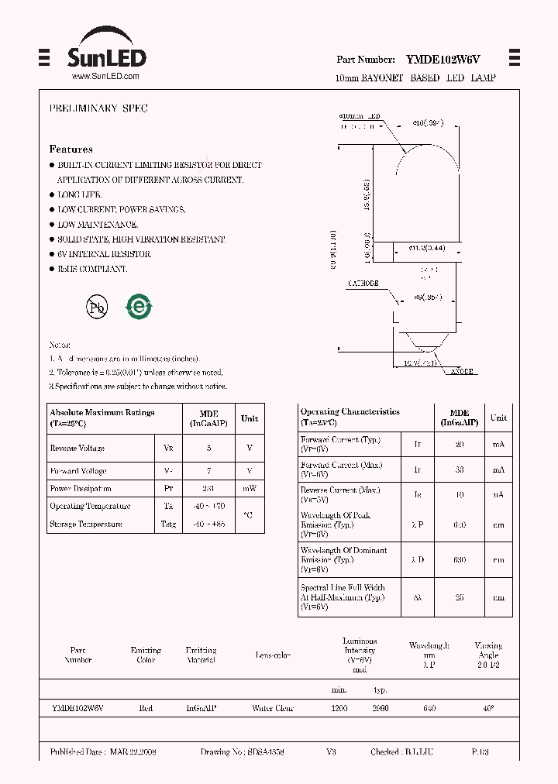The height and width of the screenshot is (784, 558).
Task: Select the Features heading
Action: [71, 149]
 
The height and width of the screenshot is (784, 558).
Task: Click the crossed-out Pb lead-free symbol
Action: [97, 307]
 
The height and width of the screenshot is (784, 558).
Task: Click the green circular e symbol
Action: [139, 307]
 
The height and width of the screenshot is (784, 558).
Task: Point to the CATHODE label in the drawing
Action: [363, 284]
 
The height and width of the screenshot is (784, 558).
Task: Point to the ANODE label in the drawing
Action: [462, 372]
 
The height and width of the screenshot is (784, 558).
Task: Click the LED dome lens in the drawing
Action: [429, 155]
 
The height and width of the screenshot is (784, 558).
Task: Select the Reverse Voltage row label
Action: [77, 449]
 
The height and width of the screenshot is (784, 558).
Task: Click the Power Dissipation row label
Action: [80, 489]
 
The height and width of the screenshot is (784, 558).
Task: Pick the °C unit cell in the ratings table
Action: [248, 515]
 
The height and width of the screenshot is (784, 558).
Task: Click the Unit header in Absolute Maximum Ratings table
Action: [250, 418]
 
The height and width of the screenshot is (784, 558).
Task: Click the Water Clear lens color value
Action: [273, 709]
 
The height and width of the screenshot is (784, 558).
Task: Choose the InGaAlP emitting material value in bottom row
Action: [201, 709]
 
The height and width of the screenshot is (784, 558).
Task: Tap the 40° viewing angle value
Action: [487, 709]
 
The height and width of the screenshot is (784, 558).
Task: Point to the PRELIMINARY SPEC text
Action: [98, 108]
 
